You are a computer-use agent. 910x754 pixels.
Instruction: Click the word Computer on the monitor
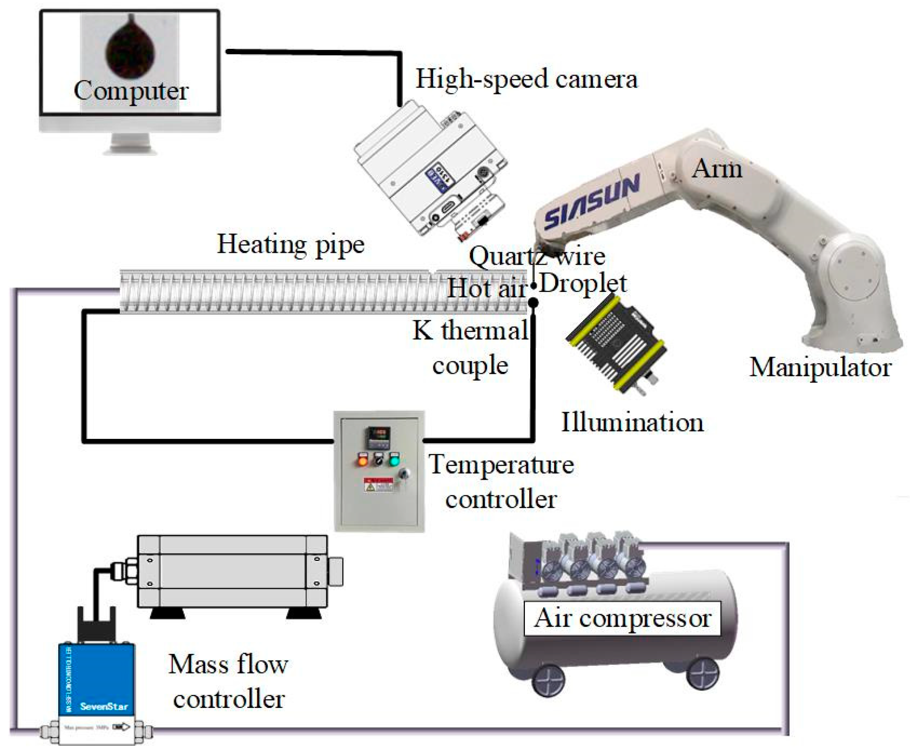[x=131, y=91]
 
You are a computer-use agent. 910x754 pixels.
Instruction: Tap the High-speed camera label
[x=526, y=79]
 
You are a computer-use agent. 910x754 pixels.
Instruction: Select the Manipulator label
[x=820, y=368]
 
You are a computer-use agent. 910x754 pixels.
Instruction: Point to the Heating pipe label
[x=290, y=245]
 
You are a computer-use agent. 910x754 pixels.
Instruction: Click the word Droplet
[x=583, y=284]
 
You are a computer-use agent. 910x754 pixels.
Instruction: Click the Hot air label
[x=486, y=289]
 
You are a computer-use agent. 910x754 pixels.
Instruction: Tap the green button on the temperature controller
[x=393, y=460]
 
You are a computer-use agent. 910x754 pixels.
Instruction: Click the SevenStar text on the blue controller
[x=104, y=706]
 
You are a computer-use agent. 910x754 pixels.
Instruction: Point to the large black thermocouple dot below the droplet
[x=534, y=303]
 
